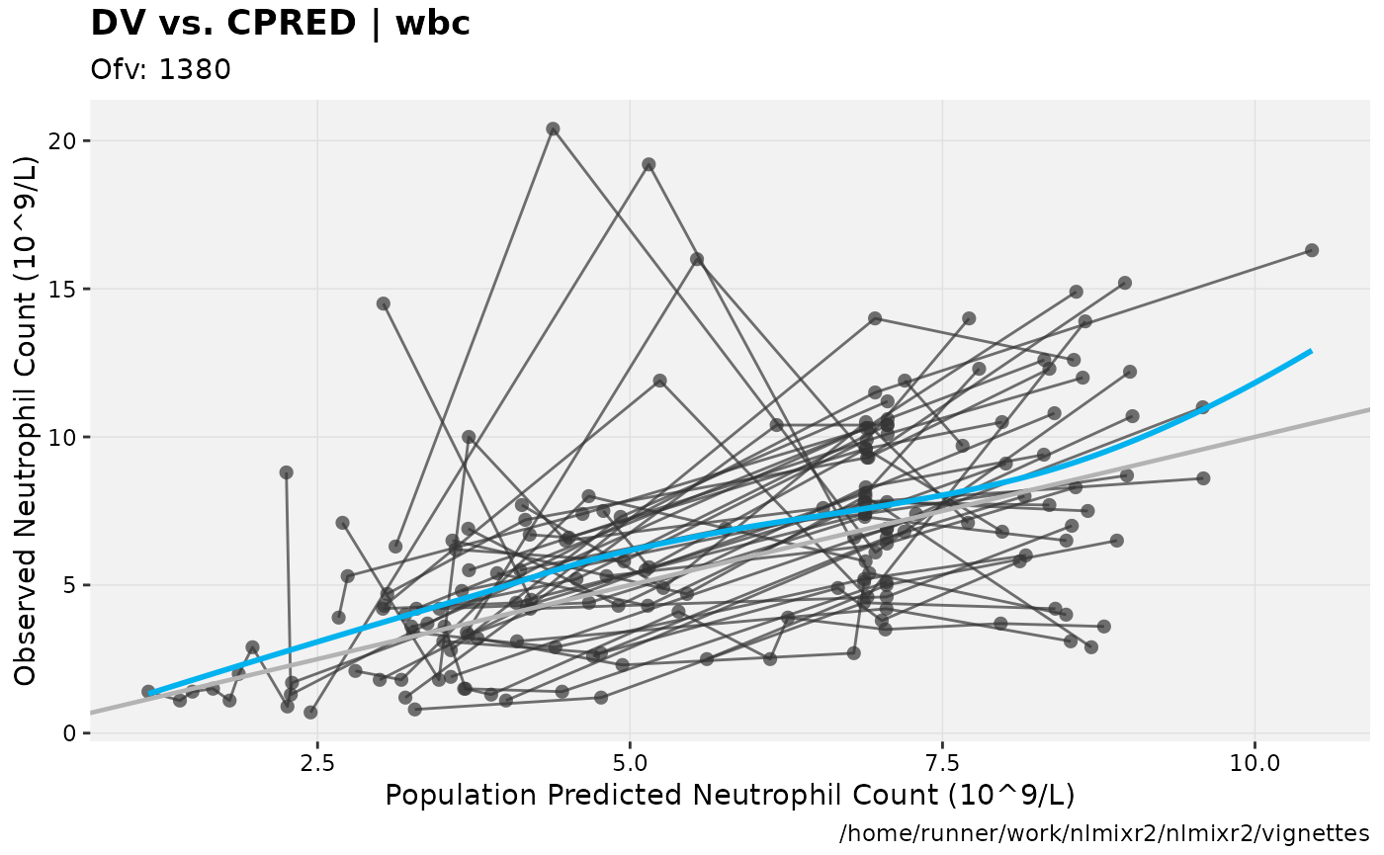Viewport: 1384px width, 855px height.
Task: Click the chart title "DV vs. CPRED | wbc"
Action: point(280,23)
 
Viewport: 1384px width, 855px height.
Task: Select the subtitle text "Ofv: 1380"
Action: point(160,70)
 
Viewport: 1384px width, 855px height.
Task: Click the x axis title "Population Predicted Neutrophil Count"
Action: point(730,795)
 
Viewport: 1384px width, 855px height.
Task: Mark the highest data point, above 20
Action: point(553,128)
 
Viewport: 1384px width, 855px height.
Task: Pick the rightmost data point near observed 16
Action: point(1312,250)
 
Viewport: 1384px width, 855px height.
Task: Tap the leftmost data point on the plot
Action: point(148,692)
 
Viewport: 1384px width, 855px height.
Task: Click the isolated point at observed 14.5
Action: point(384,303)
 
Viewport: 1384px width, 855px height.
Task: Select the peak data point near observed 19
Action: point(649,164)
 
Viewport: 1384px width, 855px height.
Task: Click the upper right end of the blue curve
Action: point(1311,351)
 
